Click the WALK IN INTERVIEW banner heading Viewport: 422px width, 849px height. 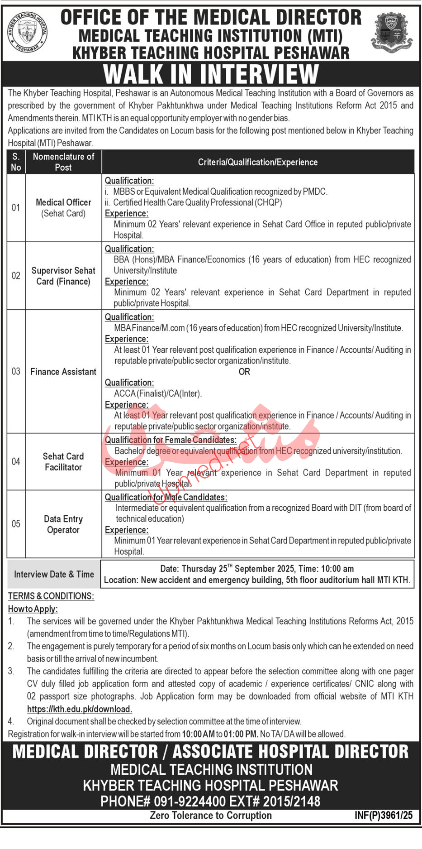(211, 74)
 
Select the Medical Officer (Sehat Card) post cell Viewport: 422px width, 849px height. (63, 208)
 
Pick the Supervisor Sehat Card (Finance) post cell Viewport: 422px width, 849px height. (63, 276)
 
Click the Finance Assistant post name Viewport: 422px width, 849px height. (63, 372)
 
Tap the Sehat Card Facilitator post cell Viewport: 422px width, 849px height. (63, 461)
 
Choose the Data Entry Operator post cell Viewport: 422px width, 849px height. (63, 524)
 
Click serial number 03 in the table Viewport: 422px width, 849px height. (16, 372)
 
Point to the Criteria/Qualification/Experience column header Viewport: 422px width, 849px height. (258, 162)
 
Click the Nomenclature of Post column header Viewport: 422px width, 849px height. (63, 162)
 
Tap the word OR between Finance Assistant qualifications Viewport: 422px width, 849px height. (244, 372)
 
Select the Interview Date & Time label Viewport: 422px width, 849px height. (54, 574)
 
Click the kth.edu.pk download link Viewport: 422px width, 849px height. (80, 709)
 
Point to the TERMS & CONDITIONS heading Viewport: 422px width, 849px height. (51, 596)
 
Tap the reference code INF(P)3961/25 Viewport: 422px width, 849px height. (384, 815)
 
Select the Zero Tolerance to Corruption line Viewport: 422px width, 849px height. (211, 815)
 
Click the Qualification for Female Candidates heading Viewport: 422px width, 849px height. (171, 440)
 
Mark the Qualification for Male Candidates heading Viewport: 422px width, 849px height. (166, 497)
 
